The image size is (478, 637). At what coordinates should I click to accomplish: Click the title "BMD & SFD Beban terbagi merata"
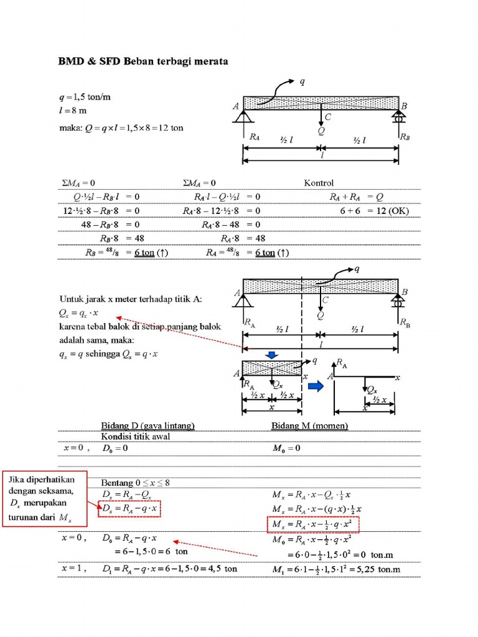[144, 62]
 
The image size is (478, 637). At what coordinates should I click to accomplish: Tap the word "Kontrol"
[319, 183]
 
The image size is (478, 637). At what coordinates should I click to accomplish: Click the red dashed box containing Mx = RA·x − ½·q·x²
[314, 525]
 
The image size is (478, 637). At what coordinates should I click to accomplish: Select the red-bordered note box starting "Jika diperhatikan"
[43, 500]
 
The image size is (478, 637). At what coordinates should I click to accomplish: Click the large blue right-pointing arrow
[317, 386]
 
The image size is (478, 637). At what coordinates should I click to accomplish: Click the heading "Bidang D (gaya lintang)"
[148, 425]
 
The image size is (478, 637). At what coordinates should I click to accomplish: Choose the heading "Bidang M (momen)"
[309, 425]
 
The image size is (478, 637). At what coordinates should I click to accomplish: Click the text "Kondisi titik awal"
[136, 436]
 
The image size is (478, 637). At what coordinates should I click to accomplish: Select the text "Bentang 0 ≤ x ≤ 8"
[136, 483]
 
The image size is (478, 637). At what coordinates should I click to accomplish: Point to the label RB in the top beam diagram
[405, 136]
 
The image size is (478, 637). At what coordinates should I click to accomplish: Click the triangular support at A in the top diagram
[243, 116]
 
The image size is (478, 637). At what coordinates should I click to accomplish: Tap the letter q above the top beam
[302, 81]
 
